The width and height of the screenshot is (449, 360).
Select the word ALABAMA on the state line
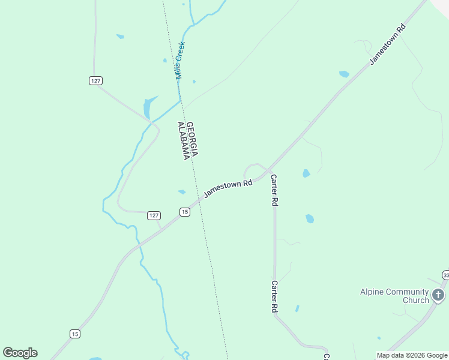click(182, 141)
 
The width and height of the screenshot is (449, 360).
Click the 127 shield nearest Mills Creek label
click(95, 80)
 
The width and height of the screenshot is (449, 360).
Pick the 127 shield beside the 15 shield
click(154, 215)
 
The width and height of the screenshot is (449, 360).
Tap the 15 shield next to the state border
click(184, 212)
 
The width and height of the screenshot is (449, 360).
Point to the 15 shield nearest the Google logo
click(74, 334)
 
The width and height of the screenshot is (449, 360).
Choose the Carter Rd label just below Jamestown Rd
click(274, 191)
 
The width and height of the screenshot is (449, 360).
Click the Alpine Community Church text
click(394, 296)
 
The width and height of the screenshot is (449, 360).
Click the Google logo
click(20, 353)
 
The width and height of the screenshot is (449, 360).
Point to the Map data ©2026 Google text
click(412, 355)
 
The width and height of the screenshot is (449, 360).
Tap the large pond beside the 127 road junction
click(148, 108)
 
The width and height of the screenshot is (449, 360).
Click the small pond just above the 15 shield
click(181, 192)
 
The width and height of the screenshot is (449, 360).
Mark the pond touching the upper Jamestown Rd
click(344, 74)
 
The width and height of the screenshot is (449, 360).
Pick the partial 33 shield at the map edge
click(445, 275)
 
